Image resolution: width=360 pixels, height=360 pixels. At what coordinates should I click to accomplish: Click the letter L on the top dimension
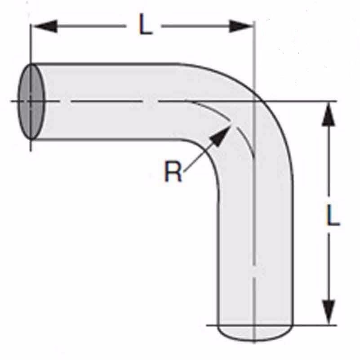point(145,27)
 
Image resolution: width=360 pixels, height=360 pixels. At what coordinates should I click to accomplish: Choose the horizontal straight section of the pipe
point(112,101)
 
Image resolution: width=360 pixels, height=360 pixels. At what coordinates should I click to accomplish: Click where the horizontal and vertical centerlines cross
point(255,101)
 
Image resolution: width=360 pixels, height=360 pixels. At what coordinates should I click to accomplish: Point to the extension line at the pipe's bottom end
point(315,324)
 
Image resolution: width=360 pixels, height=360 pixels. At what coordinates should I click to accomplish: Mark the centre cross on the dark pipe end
point(31,102)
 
